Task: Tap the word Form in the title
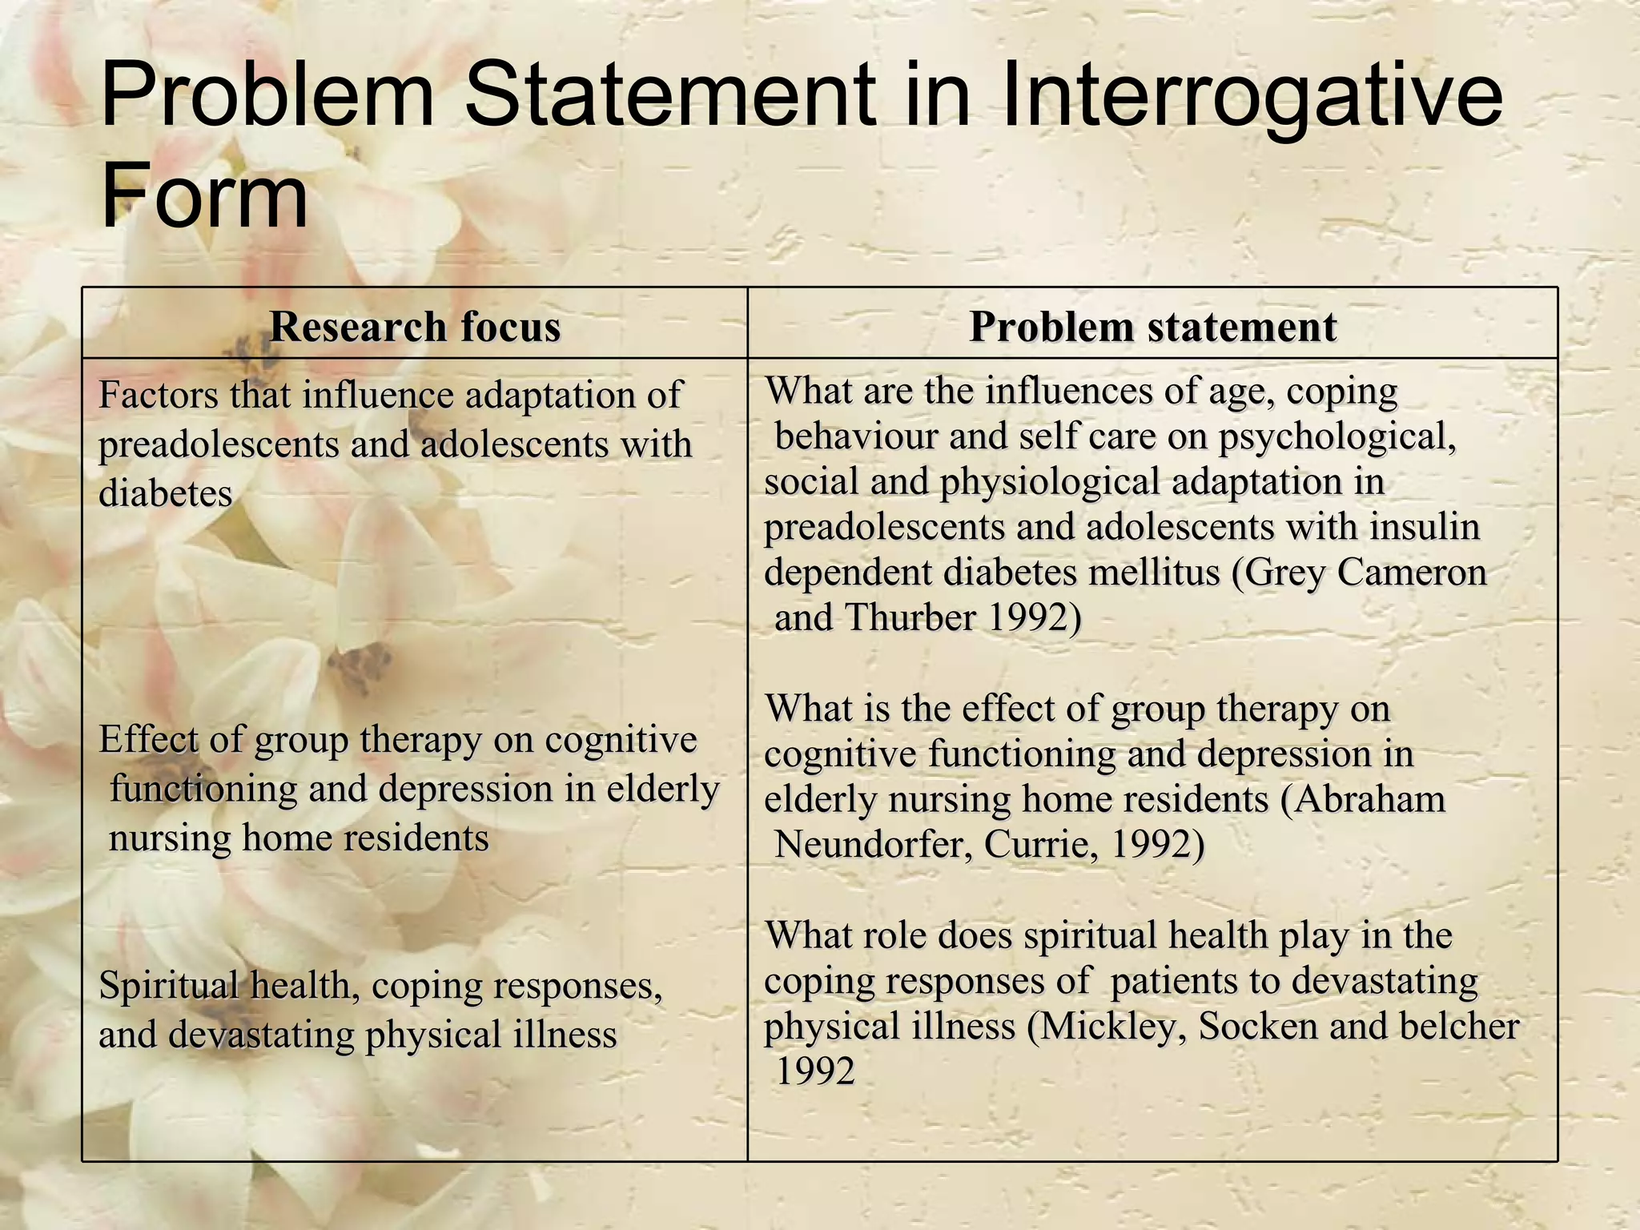click(x=204, y=195)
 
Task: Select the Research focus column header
click(x=415, y=327)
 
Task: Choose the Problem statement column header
click(x=1152, y=327)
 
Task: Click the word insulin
click(x=1425, y=527)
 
